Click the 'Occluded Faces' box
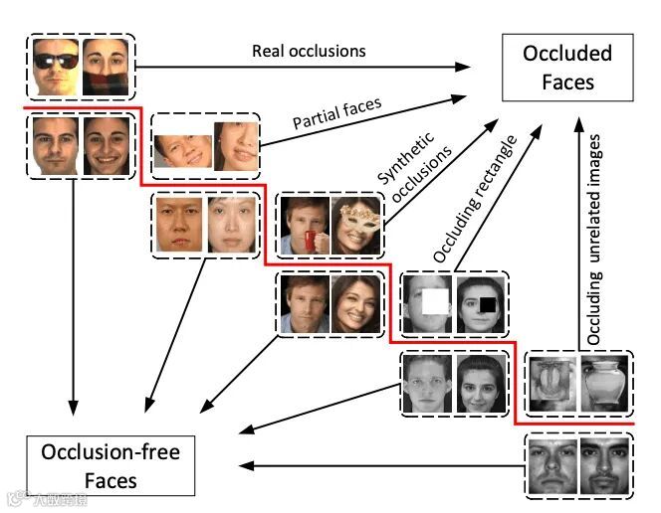pyautogui.click(x=567, y=68)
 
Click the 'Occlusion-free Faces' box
pyautogui.click(x=110, y=467)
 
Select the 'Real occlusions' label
pyautogui.click(x=309, y=50)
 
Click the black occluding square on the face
pyautogui.click(x=486, y=303)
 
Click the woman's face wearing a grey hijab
pyautogui.click(x=480, y=383)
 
